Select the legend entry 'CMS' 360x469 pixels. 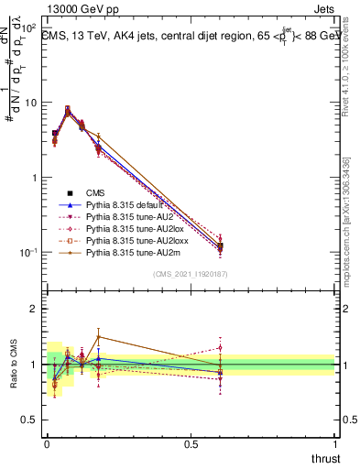coord(97,192)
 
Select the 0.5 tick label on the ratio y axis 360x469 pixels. coord(27,420)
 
